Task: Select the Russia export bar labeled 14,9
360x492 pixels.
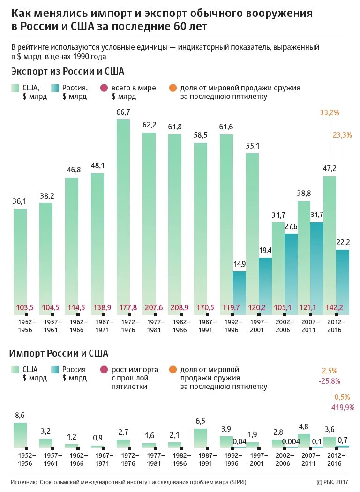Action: (x=240, y=291)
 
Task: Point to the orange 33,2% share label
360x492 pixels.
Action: (x=329, y=113)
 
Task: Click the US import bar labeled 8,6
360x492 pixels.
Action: (x=20, y=434)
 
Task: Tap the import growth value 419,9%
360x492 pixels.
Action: (x=343, y=407)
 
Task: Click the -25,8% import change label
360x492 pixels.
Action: (x=329, y=381)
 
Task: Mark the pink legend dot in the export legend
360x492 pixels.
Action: (x=104, y=88)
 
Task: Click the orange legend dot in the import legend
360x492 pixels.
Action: (x=173, y=370)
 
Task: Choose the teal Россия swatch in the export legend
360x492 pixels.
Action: (x=54, y=88)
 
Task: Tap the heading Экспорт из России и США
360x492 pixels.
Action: (x=67, y=71)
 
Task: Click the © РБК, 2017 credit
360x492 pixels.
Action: (x=332, y=482)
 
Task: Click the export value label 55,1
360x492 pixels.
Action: (x=253, y=146)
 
